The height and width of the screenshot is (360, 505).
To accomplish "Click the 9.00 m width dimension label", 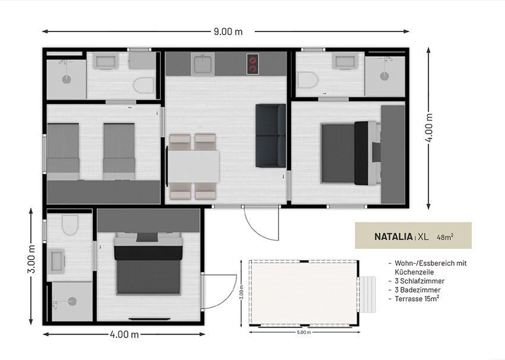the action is click(228, 31).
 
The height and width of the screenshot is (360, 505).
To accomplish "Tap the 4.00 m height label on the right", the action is click(430, 128).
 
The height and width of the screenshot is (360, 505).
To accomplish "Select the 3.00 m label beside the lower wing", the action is click(31, 259).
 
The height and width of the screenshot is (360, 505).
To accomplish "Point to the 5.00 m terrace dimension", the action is click(304, 332).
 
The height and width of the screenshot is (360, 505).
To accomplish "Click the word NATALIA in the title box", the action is click(393, 236).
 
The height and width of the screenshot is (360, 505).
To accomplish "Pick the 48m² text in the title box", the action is click(445, 237).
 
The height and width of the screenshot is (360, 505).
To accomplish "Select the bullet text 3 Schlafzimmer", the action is click(419, 281).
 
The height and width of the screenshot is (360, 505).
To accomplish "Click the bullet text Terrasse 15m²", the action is click(417, 298).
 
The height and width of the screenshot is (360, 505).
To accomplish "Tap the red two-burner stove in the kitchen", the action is click(253, 64).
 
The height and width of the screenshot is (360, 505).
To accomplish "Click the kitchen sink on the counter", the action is click(203, 64).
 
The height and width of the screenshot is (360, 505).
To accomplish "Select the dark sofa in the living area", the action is click(270, 135).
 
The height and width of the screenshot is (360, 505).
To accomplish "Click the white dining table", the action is click(194, 166).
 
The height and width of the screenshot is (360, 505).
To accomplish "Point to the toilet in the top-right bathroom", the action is click(308, 80).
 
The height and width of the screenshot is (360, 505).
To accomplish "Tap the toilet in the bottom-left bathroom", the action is click(70, 225).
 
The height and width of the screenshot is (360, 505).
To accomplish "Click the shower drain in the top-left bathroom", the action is click(67, 79).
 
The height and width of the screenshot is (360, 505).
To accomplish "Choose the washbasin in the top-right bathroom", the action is click(345, 61).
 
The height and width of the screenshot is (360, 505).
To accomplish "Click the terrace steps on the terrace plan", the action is click(368, 294).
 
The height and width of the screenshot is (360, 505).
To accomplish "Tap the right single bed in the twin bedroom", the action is click(119, 151).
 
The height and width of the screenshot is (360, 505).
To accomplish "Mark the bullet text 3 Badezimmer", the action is click(418, 290).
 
